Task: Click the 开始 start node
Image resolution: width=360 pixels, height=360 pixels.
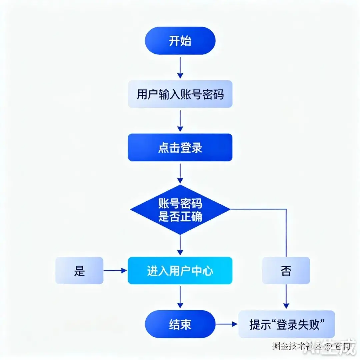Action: coord(180,41)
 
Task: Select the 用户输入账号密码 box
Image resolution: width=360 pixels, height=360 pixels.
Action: coord(180,94)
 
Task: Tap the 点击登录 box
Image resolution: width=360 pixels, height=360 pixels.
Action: coord(180,147)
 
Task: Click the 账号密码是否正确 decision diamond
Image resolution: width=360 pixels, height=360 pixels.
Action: coord(180,209)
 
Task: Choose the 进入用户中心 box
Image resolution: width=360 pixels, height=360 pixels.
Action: coord(180,271)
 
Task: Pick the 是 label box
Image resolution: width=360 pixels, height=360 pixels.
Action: coord(79,271)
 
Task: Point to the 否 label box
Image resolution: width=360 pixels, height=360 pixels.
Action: coord(286,271)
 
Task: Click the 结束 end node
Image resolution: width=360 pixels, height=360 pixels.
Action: coord(180,324)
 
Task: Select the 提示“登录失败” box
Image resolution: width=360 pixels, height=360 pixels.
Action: coord(287,324)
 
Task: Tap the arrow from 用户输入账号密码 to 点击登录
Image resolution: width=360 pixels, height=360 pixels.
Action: coord(180,121)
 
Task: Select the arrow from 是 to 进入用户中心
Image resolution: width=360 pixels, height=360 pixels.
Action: coord(115,271)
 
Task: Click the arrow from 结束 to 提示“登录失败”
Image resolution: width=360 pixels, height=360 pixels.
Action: coord(227,324)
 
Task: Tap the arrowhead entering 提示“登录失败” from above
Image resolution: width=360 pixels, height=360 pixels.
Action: coord(286,306)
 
